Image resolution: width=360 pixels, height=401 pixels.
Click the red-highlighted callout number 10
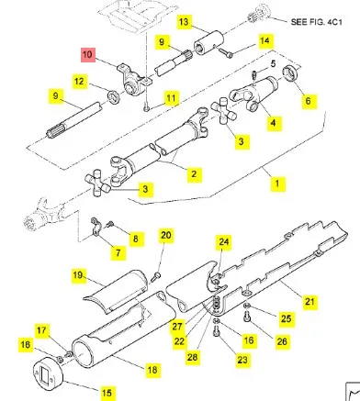tap(87, 55)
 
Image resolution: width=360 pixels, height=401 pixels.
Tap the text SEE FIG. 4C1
tap(316, 22)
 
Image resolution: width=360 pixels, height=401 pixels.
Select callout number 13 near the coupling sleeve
tap(184, 22)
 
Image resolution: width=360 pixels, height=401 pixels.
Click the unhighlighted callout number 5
tap(273, 64)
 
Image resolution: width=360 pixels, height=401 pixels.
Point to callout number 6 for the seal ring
tap(308, 101)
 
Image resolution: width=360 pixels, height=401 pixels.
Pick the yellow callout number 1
tap(277, 184)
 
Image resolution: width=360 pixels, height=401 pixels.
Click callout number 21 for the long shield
tap(309, 302)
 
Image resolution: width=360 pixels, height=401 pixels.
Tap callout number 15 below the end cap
tap(107, 393)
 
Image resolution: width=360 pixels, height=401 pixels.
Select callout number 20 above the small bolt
tap(165, 235)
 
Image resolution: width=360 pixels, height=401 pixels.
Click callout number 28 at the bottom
tap(192, 357)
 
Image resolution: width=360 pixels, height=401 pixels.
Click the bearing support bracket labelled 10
tap(131, 81)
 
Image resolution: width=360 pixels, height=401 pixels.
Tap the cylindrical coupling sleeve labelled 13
tap(208, 43)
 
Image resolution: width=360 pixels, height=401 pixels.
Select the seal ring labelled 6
tap(291, 73)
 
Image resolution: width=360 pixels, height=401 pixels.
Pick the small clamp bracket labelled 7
tap(96, 228)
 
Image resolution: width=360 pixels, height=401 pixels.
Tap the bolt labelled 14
tap(225, 52)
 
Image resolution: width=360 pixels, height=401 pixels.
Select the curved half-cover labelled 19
tap(116, 292)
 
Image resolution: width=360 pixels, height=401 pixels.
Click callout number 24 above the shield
tap(224, 241)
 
